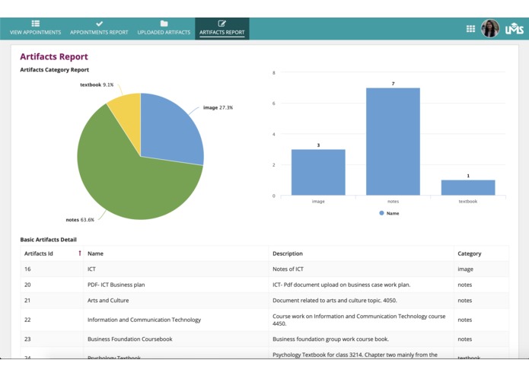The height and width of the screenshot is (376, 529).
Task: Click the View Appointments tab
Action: pos(35,28)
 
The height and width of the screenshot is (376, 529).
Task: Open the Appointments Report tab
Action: pos(99,28)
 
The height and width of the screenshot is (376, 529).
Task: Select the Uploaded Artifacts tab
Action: pos(164,28)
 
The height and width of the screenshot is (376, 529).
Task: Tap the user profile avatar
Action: pos(490,29)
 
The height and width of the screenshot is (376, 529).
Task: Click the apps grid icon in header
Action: pos(470,29)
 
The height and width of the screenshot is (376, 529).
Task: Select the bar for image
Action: pos(318,173)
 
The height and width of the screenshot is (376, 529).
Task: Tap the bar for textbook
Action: pos(468,188)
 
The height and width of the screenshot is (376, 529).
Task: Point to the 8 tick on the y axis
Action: pos(273,73)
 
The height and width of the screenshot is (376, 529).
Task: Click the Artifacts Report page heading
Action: pos(54,57)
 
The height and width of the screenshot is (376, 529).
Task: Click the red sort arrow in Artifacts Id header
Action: pos(79,253)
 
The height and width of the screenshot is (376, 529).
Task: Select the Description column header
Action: pos(288,253)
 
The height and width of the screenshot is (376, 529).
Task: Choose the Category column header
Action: pos(469,253)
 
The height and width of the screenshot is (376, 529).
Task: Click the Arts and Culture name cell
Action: pos(107,301)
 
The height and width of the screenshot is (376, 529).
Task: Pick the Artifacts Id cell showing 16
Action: pos(27,269)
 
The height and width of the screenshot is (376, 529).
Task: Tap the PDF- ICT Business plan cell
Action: pos(116,285)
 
